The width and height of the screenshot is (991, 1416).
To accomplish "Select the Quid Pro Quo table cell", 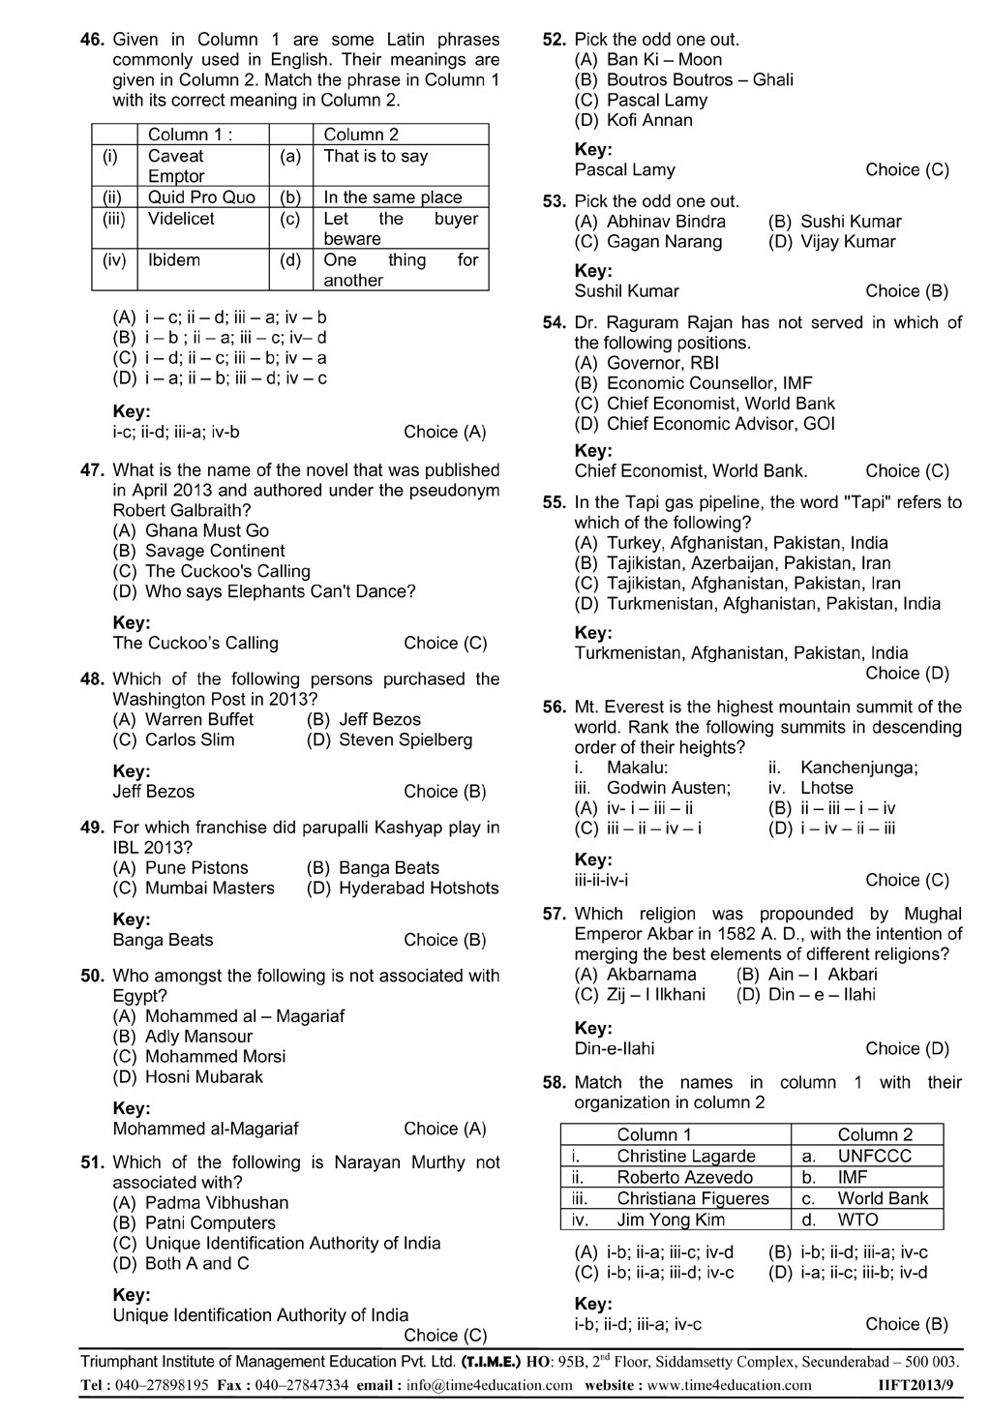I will click(201, 197).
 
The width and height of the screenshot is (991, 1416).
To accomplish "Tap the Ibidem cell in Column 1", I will click(175, 260).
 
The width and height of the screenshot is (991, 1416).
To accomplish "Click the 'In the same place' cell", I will click(393, 197).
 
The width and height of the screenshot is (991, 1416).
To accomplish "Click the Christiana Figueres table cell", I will click(693, 1198).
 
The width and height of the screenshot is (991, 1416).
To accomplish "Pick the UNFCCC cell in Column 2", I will click(874, 1156).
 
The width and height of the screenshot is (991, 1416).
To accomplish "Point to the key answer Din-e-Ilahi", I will click(615, 1048).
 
